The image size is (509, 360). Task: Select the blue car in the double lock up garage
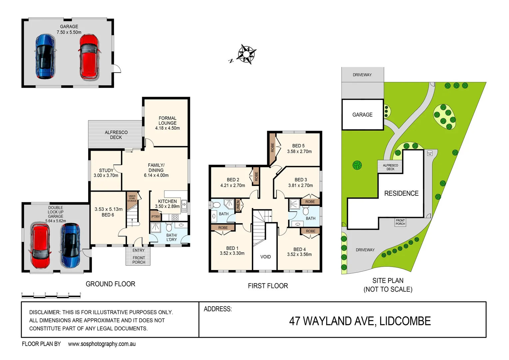coord(70,245)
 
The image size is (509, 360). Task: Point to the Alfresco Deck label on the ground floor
coord(116,135)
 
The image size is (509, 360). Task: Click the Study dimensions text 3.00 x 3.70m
coord(106,175)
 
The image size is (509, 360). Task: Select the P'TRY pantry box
coord(156,217)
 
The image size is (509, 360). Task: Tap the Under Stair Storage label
coord(132,198)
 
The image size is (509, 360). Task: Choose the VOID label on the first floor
coord(265,257)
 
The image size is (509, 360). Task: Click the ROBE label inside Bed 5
coord(272,147)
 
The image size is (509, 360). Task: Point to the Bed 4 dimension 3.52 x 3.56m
coord(299,254)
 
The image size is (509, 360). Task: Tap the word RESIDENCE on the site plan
coord(401,193)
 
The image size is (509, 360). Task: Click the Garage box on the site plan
coord(362,115)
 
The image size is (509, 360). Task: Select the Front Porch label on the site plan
coord(400,222)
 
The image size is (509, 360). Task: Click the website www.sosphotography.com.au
coord(102,344)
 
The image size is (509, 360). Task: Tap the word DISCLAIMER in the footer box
coord(44,312)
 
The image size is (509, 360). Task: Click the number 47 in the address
coord(294,321)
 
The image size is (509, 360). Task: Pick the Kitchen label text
coord(167,201)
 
